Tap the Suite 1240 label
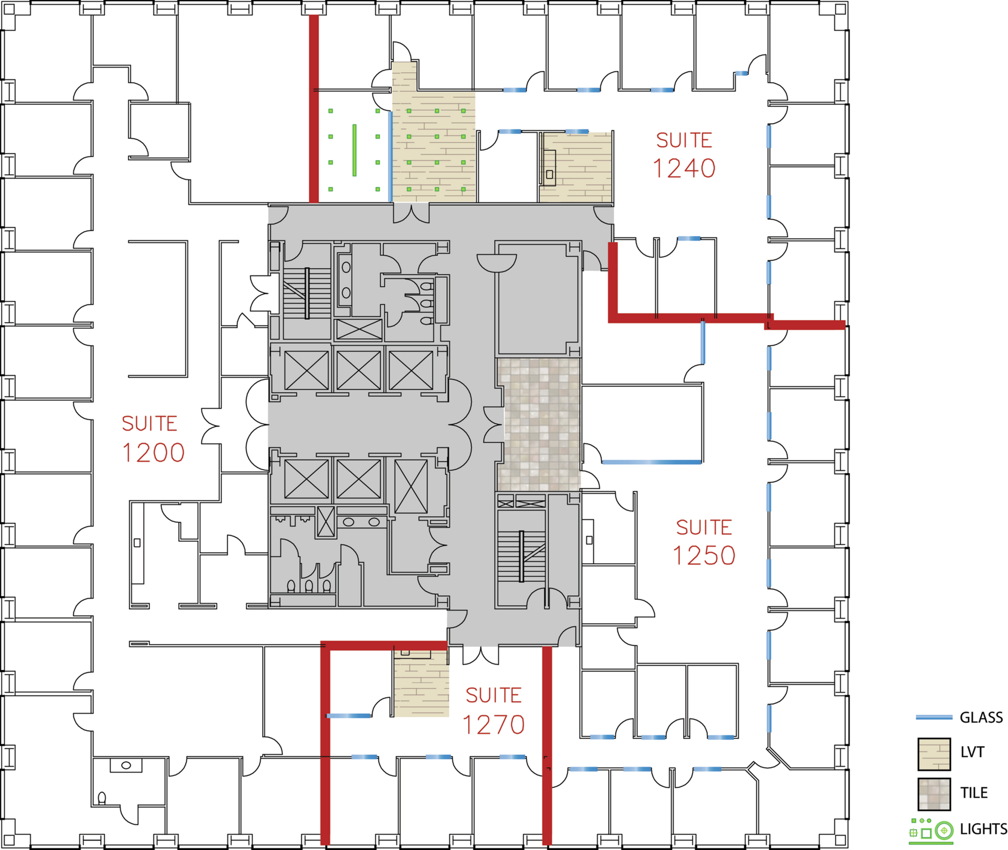click(x=684, y=155)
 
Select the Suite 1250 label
click(x=704, y=542)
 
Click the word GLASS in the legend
click(x=981, y=717)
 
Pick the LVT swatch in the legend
click(x=934, y=754)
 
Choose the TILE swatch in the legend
click(x=934, y=794)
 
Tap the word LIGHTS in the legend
click(x=983, y=829)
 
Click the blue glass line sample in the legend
click(x=934, y=717)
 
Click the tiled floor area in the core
click(x=539, y=425)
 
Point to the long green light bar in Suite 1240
click(x=354, y=150)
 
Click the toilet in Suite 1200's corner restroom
click(x=102, y=797)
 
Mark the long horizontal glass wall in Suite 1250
click(x=651, y=462)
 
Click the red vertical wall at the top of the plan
click(x=314, y=109)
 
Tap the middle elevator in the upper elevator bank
click(x=358, y=370)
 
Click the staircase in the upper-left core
click(x=306, y=294)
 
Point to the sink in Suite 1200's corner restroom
click(x=126, y=765)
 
